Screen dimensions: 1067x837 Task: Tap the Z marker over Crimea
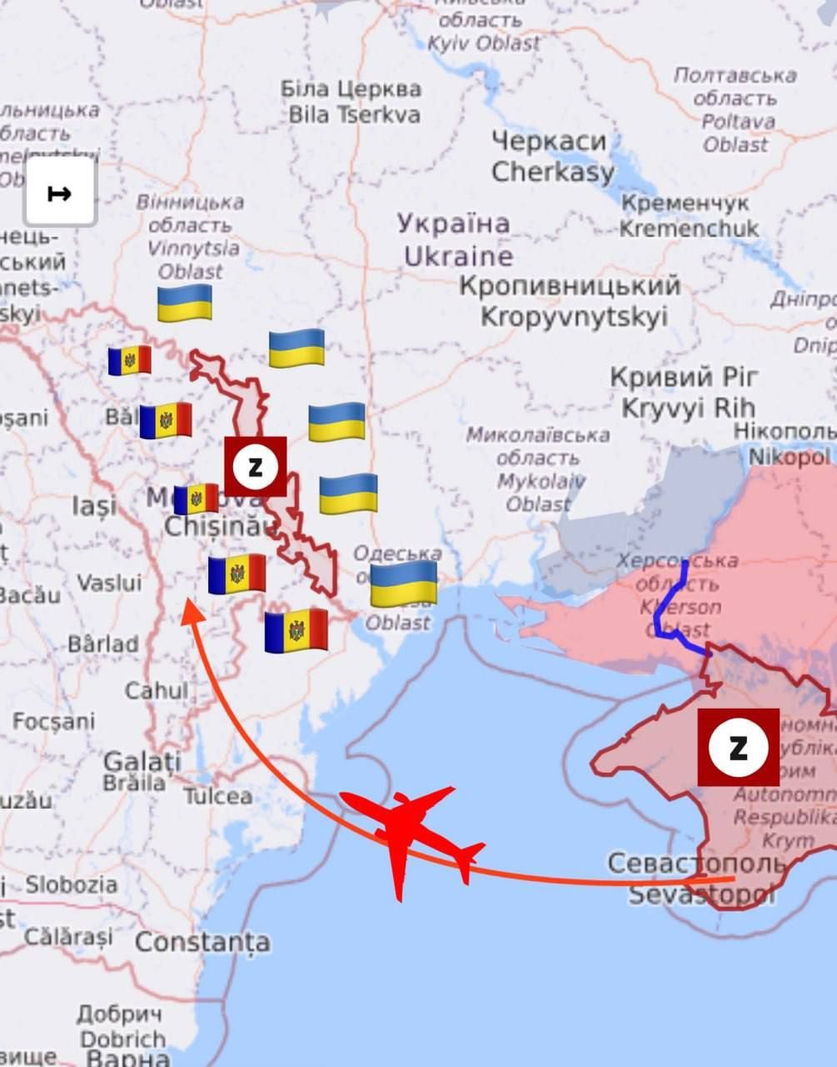click(738, 747)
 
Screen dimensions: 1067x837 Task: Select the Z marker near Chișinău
click(256, 466)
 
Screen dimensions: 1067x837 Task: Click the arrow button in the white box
click(60, 193)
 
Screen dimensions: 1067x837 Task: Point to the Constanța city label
click(202, 942)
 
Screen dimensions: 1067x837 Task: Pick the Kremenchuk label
click(687, 215)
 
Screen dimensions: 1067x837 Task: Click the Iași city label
click(93, 504)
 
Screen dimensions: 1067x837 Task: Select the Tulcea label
click(217, 796)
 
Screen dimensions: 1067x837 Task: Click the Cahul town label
click(157, 690)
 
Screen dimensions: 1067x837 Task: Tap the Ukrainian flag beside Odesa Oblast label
click(403, 583)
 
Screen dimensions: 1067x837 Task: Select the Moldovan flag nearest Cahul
click(296, 630)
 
